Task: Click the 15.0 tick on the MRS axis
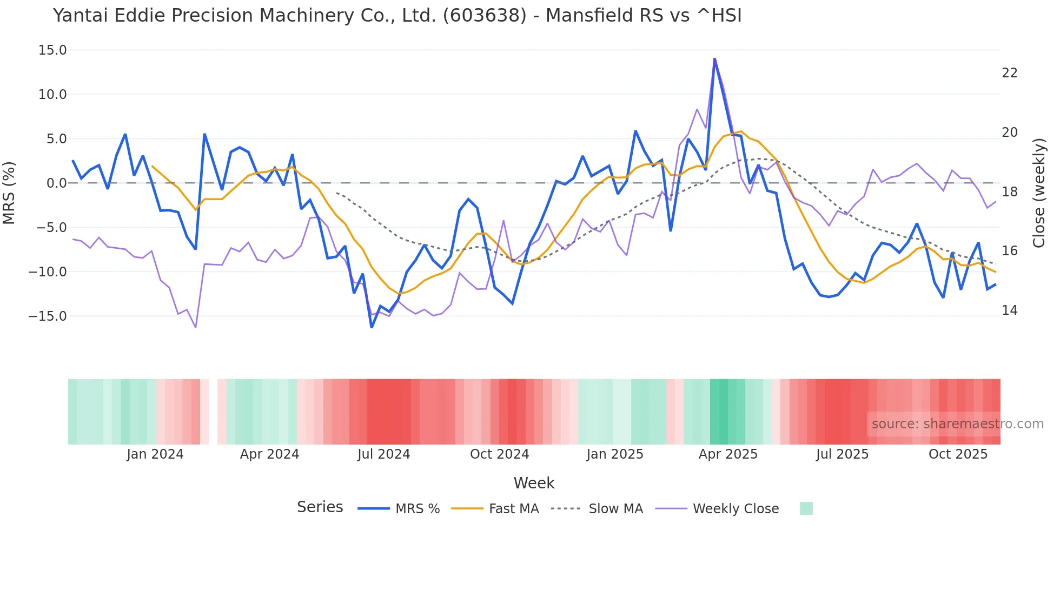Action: pyautogui.click(x=52, y=50)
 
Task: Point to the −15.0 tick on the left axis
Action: pyautogui.click(x=48, y=316)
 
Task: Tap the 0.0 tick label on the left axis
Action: pyautogui.click(x=56, y=183)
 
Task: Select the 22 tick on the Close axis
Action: pyautogui.click(x=1009, y=73)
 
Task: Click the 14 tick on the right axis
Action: pyautogui.click(x=1009, y=310)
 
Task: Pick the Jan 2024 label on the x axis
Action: pyautogui.click(x=155, y=454)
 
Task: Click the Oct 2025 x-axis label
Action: pyautogui.click(x=958, y=454)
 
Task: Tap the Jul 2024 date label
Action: pyautogui.click(x=383, y=454)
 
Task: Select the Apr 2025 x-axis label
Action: pyautogui.click(x=728, y=454)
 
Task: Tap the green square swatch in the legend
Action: pyautogui.click(x=806, y=508)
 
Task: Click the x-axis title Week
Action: pyautogui.click(x=534, y=483)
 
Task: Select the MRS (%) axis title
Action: pyautogui.click(x=9, y=193)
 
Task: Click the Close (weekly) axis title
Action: pyautogui.click(x=1038, y=193)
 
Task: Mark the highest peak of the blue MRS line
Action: pyautogui.click(x=714, y=59)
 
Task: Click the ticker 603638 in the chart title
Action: pyautogui.click(x=485, y=16)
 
